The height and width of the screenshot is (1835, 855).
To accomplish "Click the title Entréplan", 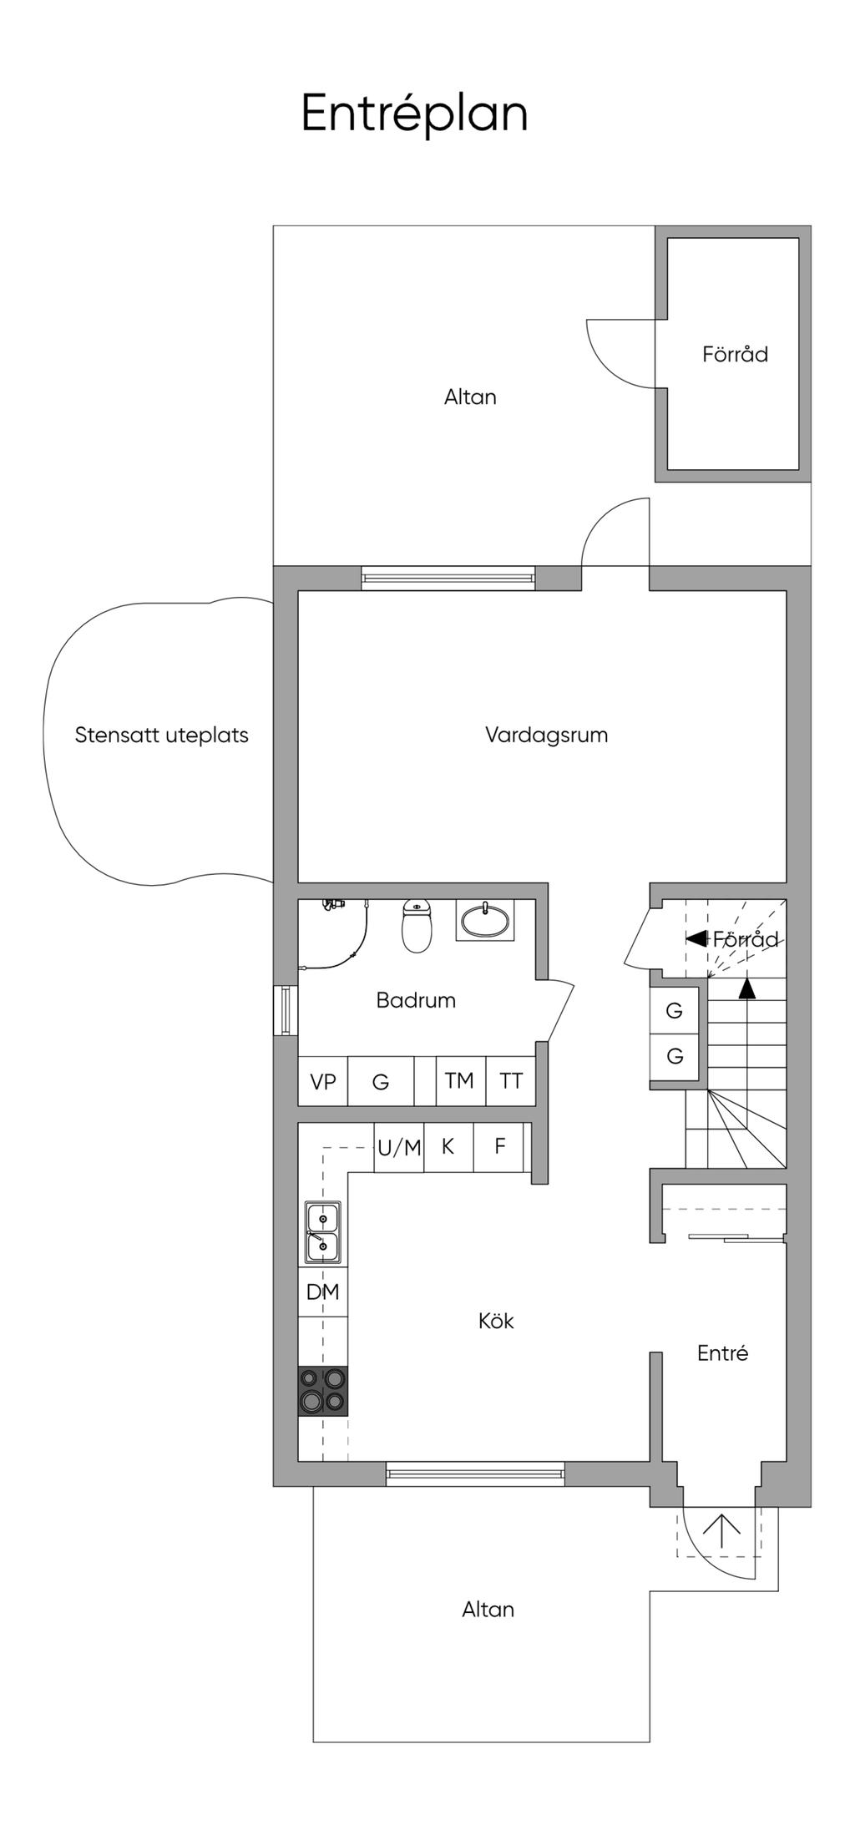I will click(x=414, y=114).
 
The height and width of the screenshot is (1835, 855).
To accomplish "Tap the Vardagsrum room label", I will click(x=546, y=736).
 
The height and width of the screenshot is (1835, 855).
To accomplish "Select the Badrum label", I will click(x=416, y=1000).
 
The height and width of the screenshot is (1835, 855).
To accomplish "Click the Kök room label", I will click(x=496, y=1321).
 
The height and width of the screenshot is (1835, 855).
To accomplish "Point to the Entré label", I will click(x=722, y=1353).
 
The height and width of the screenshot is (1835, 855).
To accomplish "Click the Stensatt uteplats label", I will click(x=161, y=736).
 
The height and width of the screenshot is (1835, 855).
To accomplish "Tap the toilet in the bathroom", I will click(x=417, y=926).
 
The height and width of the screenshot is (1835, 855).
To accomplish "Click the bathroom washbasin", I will click(x=484, y=921).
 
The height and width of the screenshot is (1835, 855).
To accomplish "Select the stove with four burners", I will click(x=323, y=1391).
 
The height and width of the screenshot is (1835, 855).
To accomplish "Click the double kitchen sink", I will click(x=322, y=1232).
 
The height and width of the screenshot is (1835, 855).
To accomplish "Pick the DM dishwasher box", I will click(x=322, y=1292).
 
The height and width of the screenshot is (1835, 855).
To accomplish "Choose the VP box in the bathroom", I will click(x=322, y=1082).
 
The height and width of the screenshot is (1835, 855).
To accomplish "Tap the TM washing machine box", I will click(x=459, y=1081).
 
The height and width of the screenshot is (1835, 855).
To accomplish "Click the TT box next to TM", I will click(x=511, y=1081).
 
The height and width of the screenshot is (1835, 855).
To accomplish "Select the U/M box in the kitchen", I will click(x=399, y=1148).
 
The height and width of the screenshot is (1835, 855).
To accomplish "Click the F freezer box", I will click(x=500, y=1146).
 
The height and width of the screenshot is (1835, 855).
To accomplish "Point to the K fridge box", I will click(x=448, y=1146).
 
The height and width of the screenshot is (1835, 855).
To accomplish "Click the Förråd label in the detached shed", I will click(x=735, y=354).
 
